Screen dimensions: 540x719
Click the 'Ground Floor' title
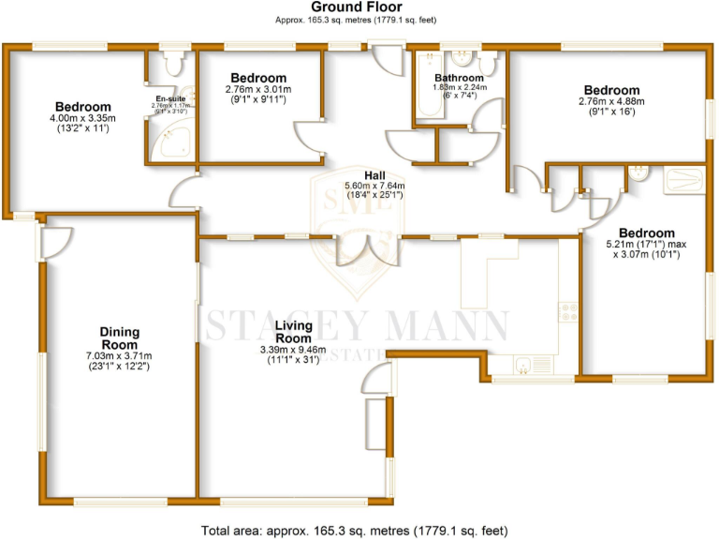click(359, 7)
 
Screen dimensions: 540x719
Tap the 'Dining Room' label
click(120, 337)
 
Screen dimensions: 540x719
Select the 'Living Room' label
click(293, 331)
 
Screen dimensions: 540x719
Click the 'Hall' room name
click(374, 175)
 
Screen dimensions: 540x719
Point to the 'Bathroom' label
click(458, 78)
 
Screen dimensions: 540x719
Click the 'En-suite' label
click(170, 97)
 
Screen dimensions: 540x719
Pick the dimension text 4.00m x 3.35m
click(82, 118)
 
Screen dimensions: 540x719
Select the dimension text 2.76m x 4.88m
click(612, 101)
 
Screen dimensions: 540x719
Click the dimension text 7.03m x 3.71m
click(119, 355)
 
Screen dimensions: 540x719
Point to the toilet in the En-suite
click(172, 64)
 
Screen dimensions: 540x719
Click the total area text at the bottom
click(359, 530)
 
